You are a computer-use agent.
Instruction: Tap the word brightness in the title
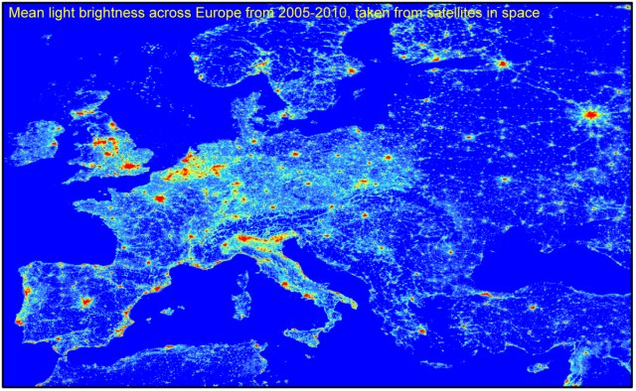click(x=102, y=14)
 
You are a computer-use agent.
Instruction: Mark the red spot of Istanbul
click(x=486, y=295)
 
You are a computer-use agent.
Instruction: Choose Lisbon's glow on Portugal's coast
click(x=19, y=322)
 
